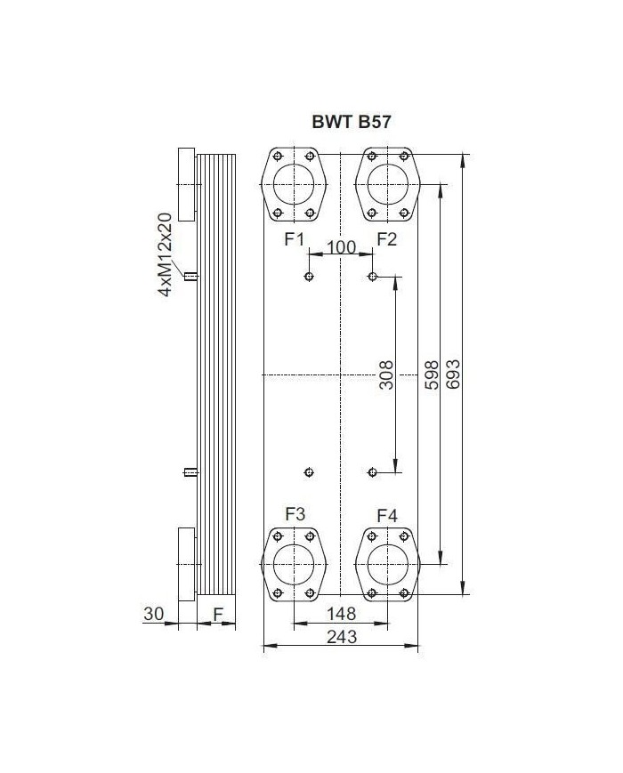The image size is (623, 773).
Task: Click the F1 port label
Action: pos(295,239)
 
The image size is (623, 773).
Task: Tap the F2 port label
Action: pos(387,239)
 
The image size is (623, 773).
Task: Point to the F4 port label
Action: pos(387,515)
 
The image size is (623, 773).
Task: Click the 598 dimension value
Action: pos(430,374)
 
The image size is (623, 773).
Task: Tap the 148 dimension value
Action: pos(340,613)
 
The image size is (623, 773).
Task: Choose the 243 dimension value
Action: pos(342,637)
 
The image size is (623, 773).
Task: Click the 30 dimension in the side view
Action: pos(153,613)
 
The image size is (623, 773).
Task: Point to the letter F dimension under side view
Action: pos(217,613)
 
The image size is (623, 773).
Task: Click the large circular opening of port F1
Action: pos(295,184)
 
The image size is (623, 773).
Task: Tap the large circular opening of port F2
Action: pos(387,184)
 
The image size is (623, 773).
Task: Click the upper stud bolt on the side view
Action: pos(189,277)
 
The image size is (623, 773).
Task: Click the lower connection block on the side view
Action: pos(186,563)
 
